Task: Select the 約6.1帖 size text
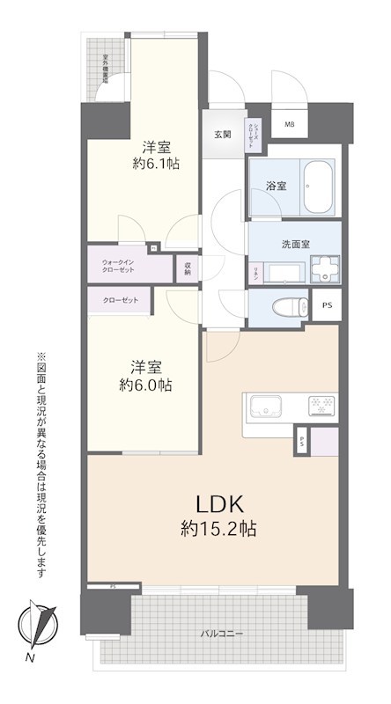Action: pyautogui.click(x=156, y=163)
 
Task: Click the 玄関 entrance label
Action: pyautogui.click(x=222, y=135)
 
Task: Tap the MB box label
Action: pyautogui.click(x=290, y=124)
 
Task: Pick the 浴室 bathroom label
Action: pyautogui.click(x=277, y=186)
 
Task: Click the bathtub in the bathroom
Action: pyautogui.click(x=316, y=187)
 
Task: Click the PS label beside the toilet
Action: pyautogui.click(x=328, y=306)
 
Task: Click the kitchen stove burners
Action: pyautogui.click(x=318, y=406)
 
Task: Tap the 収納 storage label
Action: pyautogui.click(x=188, y=267)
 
